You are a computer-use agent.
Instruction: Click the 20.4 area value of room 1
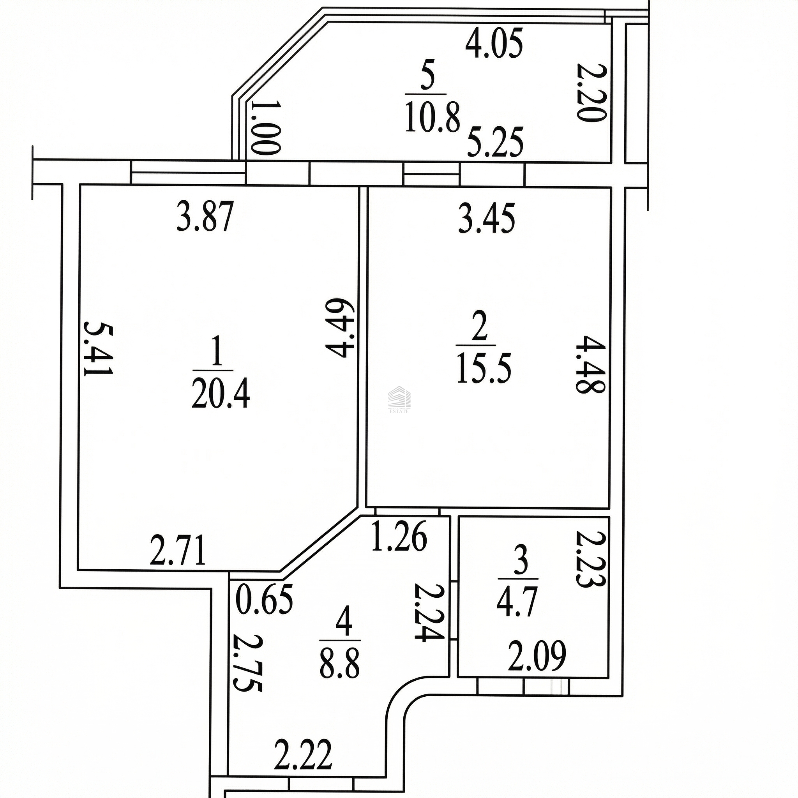[x=221, y=394]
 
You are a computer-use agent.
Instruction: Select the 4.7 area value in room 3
[x=517, y=603]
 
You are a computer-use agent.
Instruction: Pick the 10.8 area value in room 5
[x=433, y=118]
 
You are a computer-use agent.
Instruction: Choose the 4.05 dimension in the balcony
[x=494, y=43]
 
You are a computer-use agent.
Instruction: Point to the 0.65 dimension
[x=264, y=599]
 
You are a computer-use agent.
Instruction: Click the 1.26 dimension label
[x=399, y=537]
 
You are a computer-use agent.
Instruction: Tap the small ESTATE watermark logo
[x=399, y=399]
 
